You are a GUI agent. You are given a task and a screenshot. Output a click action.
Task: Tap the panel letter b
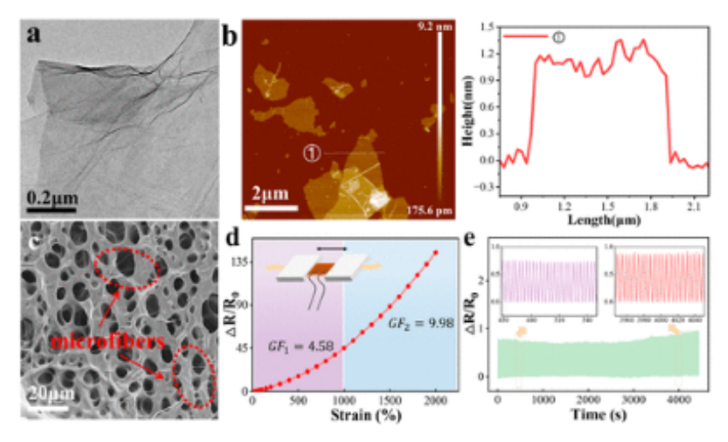[230, 37]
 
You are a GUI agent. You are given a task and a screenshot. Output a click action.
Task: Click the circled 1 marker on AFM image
[313, 153]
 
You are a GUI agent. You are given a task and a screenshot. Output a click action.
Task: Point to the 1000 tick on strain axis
[343, 401]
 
